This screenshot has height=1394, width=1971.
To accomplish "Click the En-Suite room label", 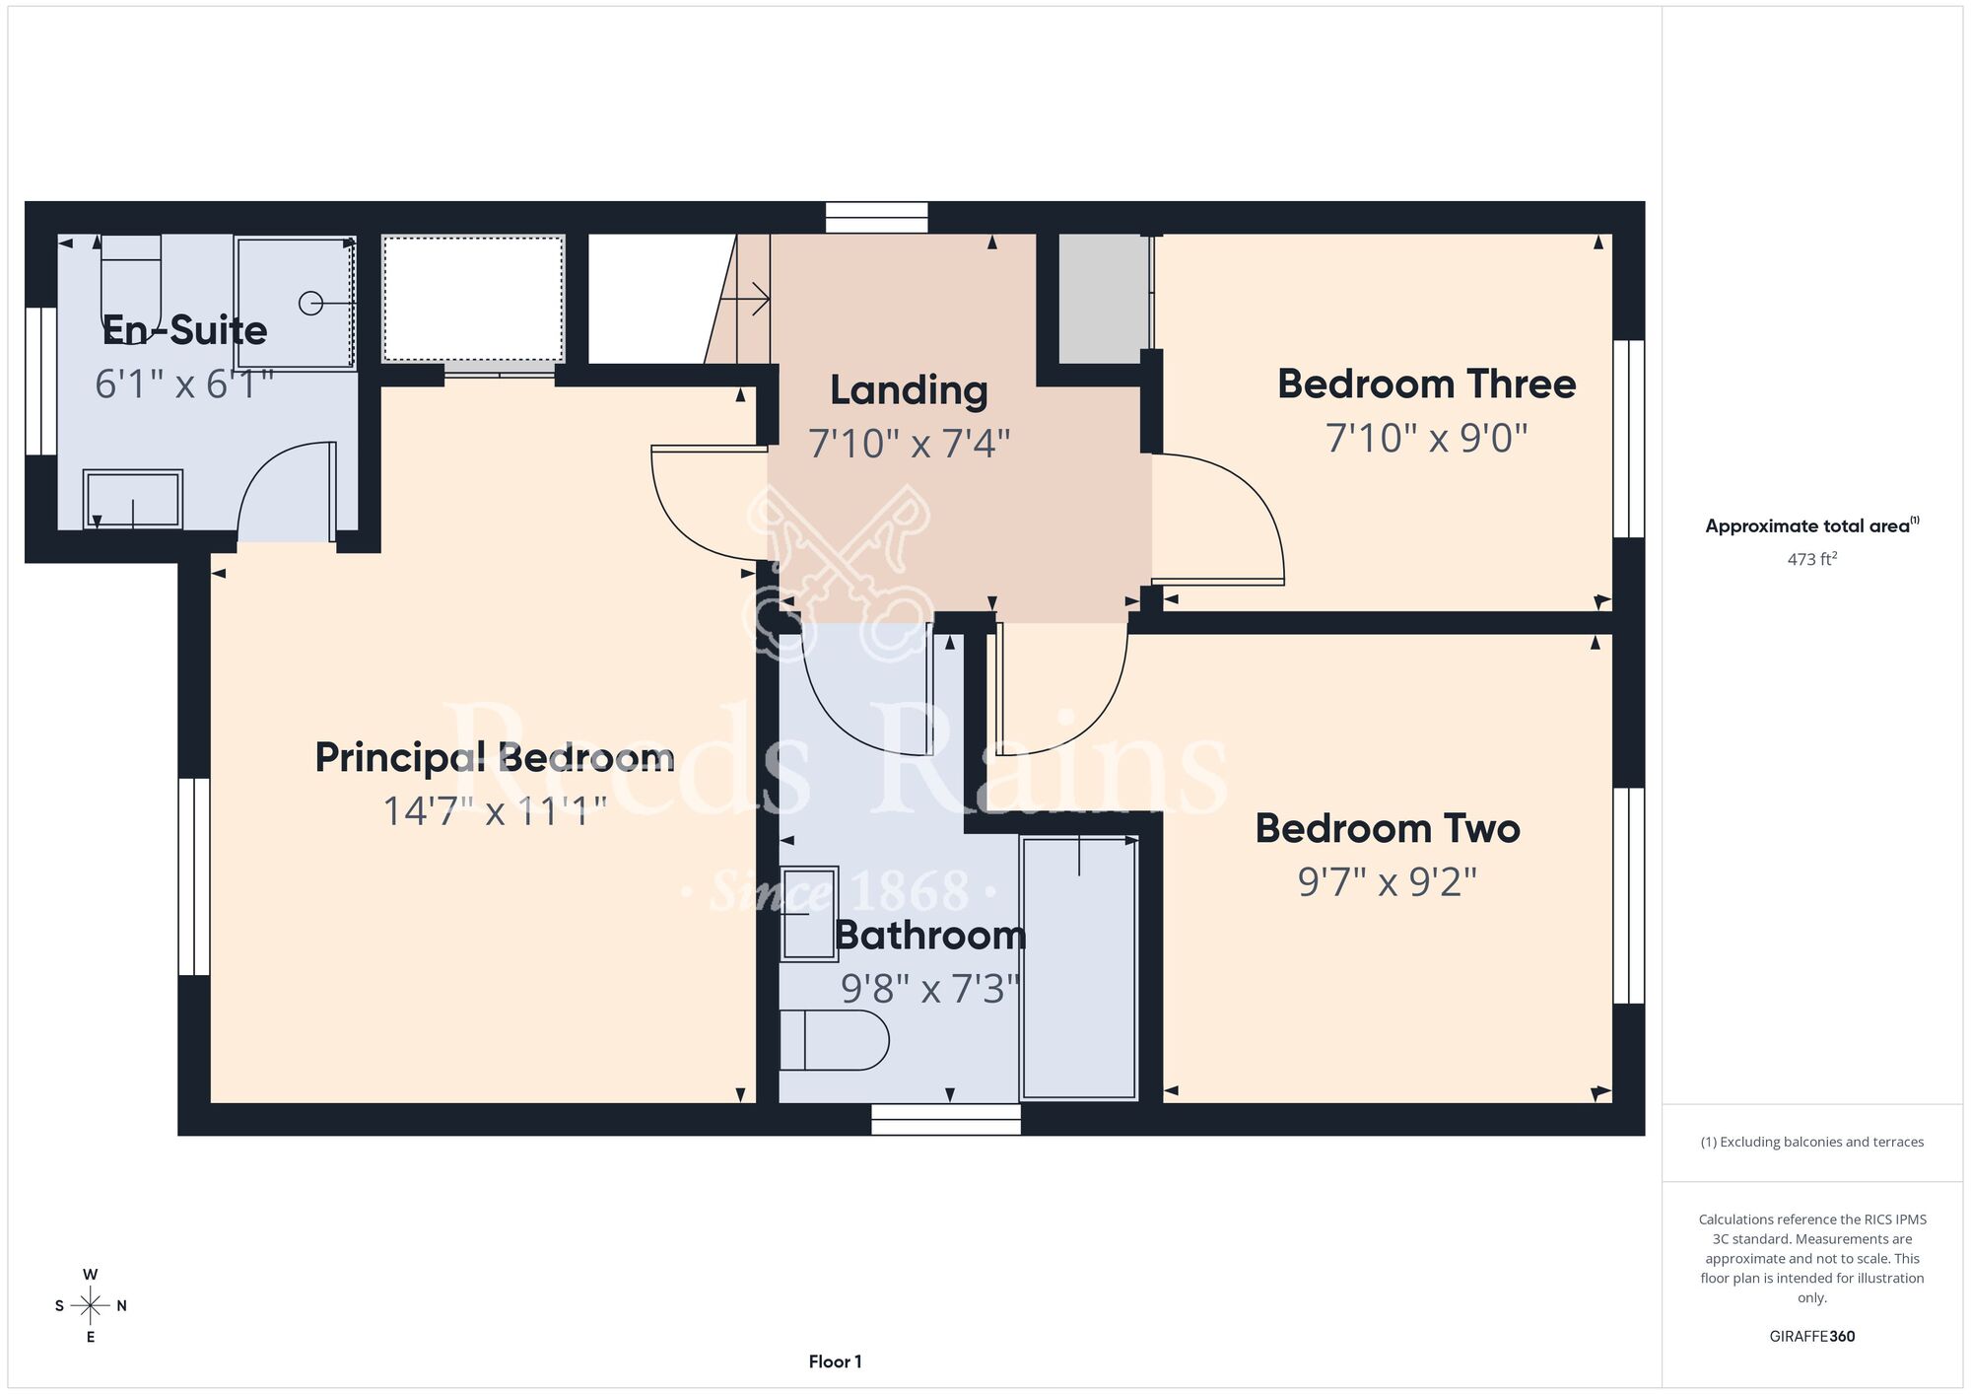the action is (x=185, y=330).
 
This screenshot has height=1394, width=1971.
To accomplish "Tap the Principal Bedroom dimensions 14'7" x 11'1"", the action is (x=494, y=811).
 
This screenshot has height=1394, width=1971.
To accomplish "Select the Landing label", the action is (x=909, y=390).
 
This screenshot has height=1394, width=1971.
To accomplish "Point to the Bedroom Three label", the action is (x=1426, y=383).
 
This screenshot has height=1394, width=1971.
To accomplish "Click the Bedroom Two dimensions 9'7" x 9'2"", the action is (x=1388, y=881).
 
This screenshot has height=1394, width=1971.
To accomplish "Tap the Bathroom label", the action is (x=930, y=935).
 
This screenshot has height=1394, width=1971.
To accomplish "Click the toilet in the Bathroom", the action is (x=834, y=1040).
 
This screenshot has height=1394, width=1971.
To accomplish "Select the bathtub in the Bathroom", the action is (x=1079, y=967).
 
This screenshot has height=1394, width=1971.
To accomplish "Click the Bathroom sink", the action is (x=809, y=914).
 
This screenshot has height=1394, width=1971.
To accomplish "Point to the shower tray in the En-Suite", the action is (x=296, y=303).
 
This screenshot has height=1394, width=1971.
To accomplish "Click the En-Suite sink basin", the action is (x=133, y=499).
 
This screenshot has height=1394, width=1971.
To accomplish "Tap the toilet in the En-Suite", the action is (x=130, y=276).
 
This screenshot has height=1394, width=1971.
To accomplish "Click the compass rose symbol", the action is (x=91, y=1306).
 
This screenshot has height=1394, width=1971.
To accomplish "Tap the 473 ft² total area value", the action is (x=1812, y=559).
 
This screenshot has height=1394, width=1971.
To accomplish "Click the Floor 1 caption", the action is (x=835, y=1361).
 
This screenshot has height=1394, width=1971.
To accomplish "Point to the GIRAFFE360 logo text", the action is (x=1812, y=1337).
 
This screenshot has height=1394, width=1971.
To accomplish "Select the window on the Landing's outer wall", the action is (x=877, y=218).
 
